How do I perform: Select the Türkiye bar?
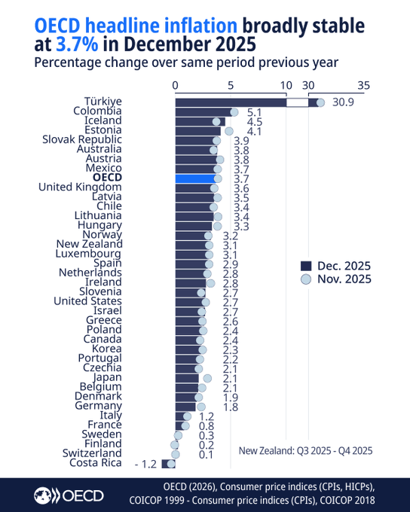230,102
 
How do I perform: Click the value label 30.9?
342,102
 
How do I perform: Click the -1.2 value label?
145,464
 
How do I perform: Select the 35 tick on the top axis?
363,86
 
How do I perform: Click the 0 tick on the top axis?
176,86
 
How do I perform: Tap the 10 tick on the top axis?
286,86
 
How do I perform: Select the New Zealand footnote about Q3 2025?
306,450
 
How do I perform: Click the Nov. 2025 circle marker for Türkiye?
320,102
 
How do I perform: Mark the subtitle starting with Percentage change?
185,62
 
